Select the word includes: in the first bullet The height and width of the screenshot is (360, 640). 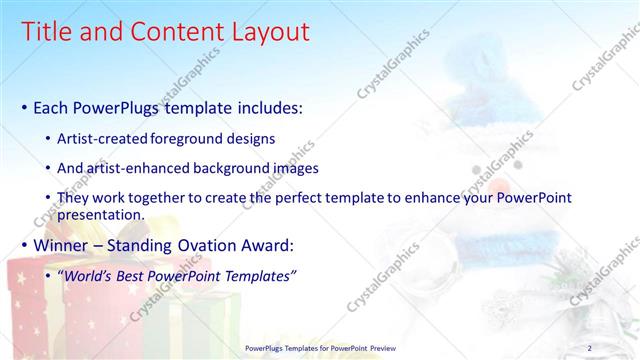pyautogui.click(x=267, y=107)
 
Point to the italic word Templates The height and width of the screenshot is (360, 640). pyautogui.click(x=257, y=276)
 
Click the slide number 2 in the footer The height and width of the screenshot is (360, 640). pyautogui.click(x=589, y=348)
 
